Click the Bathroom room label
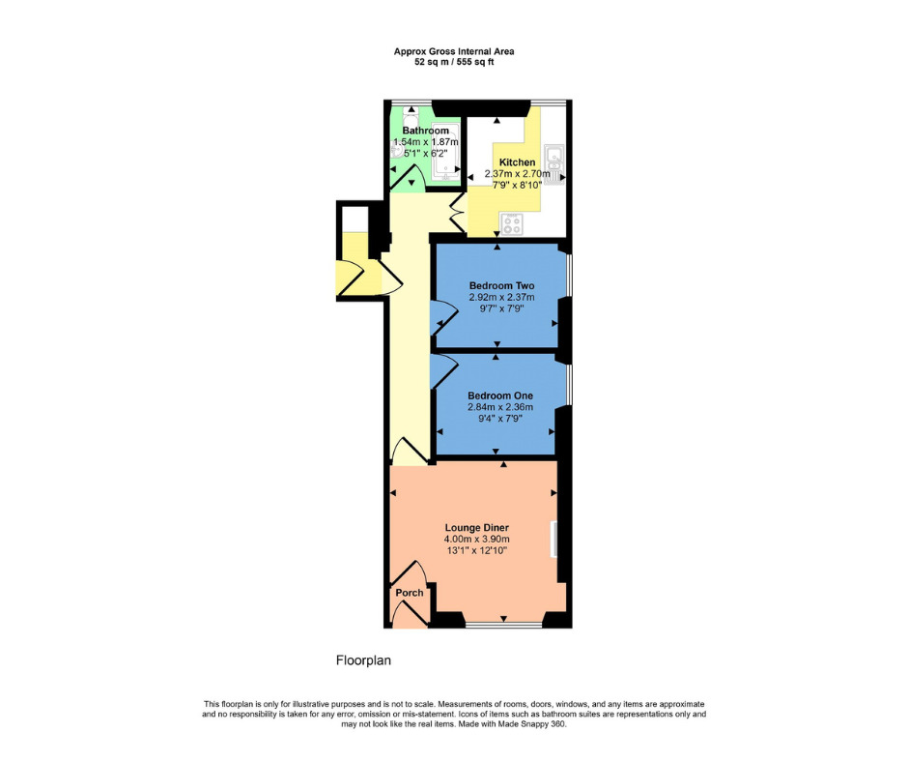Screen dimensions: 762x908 pyautogui.click(x=425, y=131)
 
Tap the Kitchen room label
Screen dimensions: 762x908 pyautogui.click(x=517, y=162)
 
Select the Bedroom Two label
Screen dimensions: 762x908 pyautogui.click(x=501, y=286)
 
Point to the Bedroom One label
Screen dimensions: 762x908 pyautogui.click(x=500, y=396)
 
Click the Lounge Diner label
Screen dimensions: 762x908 pyautogui.click(x=476, y=527)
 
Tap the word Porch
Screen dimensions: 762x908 pyautogui.click(x=409, y=593)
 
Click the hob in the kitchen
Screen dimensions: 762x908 pyautogui.click(x=512, y=225)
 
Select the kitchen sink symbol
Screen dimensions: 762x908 pyautogui.click(x=554, y=162)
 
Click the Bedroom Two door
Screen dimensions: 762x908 pyautogui.click(x=443, y=317)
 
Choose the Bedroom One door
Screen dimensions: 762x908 pyautogui.click(x=444, y=369)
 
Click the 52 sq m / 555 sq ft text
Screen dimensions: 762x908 pyautogui.click(x=453, y=61)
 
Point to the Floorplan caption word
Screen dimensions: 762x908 pyautogui.click(x=362, y=660)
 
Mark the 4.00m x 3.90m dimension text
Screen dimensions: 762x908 pyautogui.click(x=476, y=539)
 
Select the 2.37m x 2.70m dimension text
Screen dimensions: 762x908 pyautogui.click(x=517, y=175)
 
